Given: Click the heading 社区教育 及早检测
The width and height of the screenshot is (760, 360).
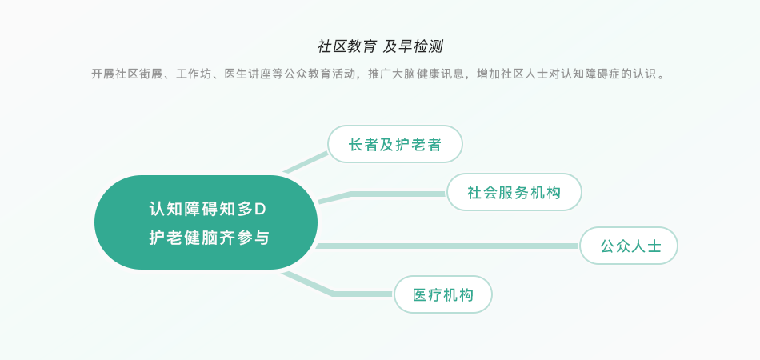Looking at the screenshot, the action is click(x=380, y=46).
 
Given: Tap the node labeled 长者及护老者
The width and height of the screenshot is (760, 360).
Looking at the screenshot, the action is click(x=395, y=144).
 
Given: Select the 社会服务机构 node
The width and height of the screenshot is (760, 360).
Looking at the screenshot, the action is click(x=514, y=192).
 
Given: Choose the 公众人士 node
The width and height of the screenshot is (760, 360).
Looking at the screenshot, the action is click(x=629, y=246).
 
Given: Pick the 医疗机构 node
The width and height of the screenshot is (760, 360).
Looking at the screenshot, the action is click(x=443, y=294).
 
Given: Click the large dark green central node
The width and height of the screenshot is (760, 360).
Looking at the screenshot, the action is click(x=206, y=222).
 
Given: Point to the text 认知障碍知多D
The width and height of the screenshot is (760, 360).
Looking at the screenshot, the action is click(x=207, y=209).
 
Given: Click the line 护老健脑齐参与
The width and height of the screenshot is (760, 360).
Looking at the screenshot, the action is click(x=209, y=238).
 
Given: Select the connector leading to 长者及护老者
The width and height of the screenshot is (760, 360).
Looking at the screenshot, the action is click(x=306, y=162).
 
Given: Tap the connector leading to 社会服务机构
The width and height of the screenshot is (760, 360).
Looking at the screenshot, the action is click(x=382, y=194).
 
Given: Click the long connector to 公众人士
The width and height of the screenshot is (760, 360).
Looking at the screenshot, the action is click(x=447, y=246).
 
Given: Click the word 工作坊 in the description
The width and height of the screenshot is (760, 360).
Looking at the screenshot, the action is click(x=194, y=74).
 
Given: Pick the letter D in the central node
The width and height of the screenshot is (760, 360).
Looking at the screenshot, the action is click(x=262, y=210).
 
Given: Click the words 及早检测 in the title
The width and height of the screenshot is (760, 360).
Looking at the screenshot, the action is click(x=413, y=46).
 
